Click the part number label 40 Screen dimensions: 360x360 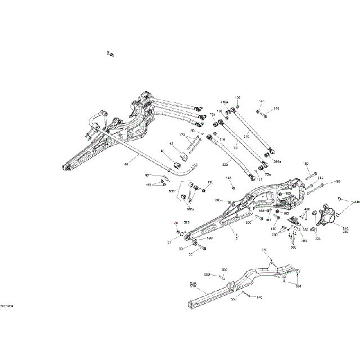click(163, 151)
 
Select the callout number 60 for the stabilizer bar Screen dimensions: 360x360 click(127, 164)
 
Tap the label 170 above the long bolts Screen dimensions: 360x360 click(182, 135)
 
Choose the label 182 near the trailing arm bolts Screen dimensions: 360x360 click(321, 177)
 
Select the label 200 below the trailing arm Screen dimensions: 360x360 click(248, 223)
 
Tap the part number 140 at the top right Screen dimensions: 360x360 click(276, 109)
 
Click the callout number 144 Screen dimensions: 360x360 click(228, 178)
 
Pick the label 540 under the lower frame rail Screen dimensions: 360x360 click(259, 296)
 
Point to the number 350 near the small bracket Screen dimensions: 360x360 click(305, 229)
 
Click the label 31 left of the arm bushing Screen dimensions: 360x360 click(169, 242)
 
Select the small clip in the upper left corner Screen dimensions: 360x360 click(111, 53)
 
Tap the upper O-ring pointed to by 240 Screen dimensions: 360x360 click(341, 198)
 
